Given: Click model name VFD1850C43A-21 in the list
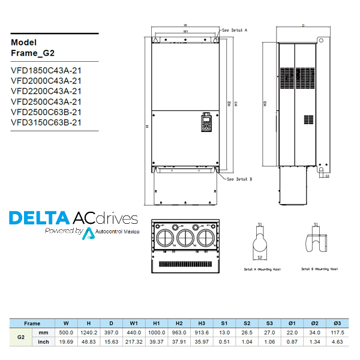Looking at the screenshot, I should coord(46,70).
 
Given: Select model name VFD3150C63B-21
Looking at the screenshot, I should coord(46,122).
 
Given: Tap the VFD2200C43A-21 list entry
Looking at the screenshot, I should coord(46,91).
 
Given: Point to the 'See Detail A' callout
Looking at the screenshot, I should coord(235,29).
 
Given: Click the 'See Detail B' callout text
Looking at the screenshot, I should coord(239,179).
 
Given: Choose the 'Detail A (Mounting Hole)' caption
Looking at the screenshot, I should coord(259,269).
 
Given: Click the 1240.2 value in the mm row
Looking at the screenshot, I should coord(89,332).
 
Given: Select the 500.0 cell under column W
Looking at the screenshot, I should coord(65,332).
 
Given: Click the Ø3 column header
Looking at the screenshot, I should coord(337,323).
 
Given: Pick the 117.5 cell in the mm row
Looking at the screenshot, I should coord(337,332).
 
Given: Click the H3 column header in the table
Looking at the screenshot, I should coord(202,323).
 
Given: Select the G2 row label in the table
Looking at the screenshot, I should coord(20,337).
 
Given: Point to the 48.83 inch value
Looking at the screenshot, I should coord(89,342).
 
